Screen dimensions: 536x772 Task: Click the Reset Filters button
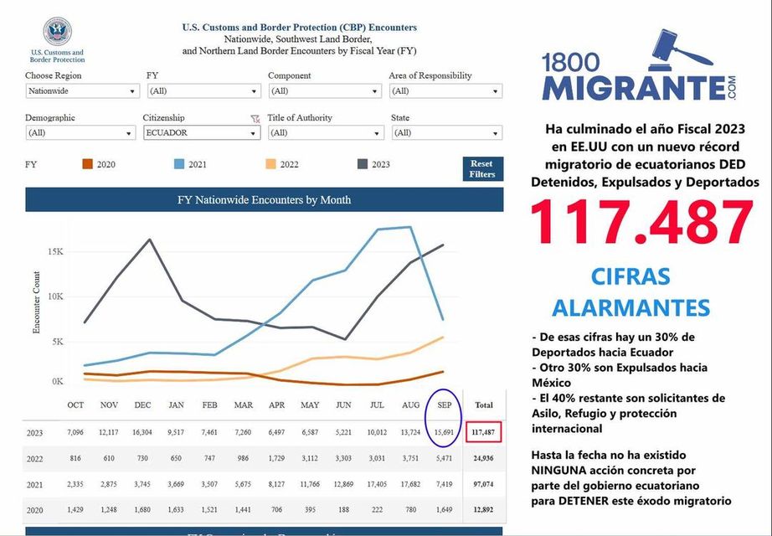(x=482, y=168)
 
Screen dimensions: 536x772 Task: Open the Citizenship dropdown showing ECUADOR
(x=201, y=132)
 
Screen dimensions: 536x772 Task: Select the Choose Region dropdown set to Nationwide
(x=81, y=90)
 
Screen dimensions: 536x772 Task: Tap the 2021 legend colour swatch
(x=180, y=164)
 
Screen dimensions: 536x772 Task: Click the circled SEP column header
(x=445, y=405)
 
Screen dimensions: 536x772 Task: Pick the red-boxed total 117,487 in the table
(x=483, y=432)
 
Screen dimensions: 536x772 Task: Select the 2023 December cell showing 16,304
(x=142, y=432)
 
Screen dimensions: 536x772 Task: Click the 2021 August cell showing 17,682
(x=411, y=484)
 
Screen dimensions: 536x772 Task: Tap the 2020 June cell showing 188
(x=343, y=510)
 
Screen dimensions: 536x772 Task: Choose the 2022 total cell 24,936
(x=484, y=458)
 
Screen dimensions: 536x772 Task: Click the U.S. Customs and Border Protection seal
(x=57, y=32)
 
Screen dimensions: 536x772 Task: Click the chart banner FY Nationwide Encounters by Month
(x=264, y=200)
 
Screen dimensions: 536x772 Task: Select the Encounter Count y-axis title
(x=37, y=302)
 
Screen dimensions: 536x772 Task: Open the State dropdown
(x=446, y=132)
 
